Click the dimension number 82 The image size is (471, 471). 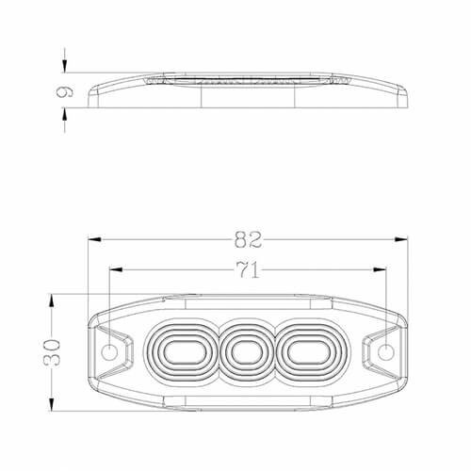tap(248, 239)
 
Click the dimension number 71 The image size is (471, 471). tap(248, 269)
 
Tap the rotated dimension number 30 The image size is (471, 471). tap(52, 352)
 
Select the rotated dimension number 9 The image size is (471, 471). tap(65, 91)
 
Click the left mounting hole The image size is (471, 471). tap(109, 352)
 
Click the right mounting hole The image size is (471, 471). tap(386, 352)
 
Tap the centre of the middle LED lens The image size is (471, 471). tap(247, 352)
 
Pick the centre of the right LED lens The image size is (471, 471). tap(309, 352)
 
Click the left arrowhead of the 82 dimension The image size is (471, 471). tap(94, 239)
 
